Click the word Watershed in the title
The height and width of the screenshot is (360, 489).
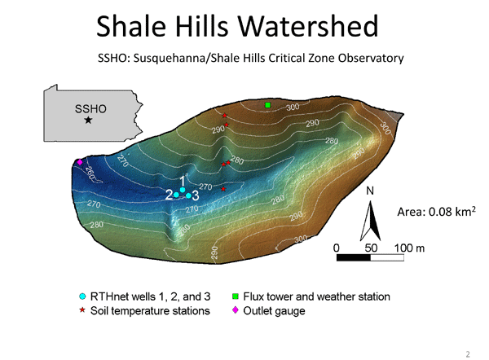308,26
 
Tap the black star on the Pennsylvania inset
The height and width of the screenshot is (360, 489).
89,120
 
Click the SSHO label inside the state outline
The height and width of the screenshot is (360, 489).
90,109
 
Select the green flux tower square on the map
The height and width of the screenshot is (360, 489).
267,105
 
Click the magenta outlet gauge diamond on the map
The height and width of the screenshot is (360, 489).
80,162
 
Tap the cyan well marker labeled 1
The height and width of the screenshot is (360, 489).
183,190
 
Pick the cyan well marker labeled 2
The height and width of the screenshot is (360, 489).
176,195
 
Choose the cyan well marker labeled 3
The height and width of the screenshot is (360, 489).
188,195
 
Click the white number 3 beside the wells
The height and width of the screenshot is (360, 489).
196,195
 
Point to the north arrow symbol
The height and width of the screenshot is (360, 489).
370,221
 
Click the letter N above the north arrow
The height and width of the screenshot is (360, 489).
370,191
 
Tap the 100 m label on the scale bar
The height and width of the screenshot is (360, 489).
409,248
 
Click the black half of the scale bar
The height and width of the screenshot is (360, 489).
354,257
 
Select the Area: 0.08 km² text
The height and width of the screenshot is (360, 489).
436,212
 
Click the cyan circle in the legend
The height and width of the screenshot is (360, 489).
82,296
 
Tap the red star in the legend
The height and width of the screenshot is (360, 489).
82,310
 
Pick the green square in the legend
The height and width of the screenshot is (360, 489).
236,296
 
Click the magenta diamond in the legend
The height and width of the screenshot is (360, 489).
236,310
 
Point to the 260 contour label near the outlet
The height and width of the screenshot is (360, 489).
89,173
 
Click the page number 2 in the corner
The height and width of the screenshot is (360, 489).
468,354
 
